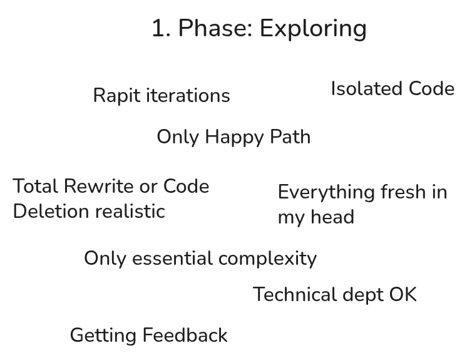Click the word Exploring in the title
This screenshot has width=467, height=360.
[313, 29]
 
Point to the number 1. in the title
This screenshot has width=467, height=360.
[161, 29]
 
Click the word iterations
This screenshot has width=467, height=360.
[188, 96]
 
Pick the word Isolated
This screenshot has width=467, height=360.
[367, 89]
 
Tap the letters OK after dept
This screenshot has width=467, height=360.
[403, 295]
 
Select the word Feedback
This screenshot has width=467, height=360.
[187, 336]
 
